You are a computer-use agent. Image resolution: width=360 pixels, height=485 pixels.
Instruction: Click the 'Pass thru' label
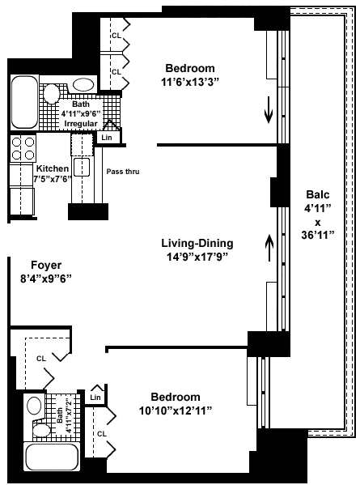(x=123, y=172)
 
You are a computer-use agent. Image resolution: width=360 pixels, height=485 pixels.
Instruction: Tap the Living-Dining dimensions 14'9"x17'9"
(x=197, y=257)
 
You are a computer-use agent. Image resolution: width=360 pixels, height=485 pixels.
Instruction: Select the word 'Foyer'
(x=46, y=265)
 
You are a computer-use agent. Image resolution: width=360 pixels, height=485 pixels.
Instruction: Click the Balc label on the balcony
(x=318, y=194)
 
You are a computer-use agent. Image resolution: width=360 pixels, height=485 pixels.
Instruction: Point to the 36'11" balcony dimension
(x=318, y=235)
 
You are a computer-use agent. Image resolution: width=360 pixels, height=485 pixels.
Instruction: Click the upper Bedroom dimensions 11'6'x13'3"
(x=190, y=83)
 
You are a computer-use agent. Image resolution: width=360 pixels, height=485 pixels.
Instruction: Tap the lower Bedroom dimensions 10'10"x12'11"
(x=176, y=411)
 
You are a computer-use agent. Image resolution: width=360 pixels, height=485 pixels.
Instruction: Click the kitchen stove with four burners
(x=23, y=148)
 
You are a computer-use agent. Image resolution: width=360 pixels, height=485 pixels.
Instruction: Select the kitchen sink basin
(x=82, y=167)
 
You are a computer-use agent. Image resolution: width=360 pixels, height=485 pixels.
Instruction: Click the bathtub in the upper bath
(x=24, y=102)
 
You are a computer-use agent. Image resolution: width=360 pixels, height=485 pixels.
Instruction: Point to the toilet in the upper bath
(x=51, y=93)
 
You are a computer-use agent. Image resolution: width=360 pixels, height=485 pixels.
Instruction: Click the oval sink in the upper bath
(x=83, y=84)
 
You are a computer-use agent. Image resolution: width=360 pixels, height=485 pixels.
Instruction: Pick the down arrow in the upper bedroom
(x=269, y=110)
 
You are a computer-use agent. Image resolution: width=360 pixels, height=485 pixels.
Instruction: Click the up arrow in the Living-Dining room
(x=269, y=248)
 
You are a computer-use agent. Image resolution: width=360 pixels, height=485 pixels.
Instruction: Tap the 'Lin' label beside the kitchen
(x=107, y=138)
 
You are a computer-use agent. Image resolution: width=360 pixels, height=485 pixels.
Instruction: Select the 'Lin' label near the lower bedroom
(x=95, y=398)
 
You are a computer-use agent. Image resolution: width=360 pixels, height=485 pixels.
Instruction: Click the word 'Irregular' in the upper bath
(x=81, y=123)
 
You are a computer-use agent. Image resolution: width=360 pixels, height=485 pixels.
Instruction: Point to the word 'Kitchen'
(x=53, y=168)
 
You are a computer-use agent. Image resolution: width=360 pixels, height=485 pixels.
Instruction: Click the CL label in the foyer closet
(x=41, y=359)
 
